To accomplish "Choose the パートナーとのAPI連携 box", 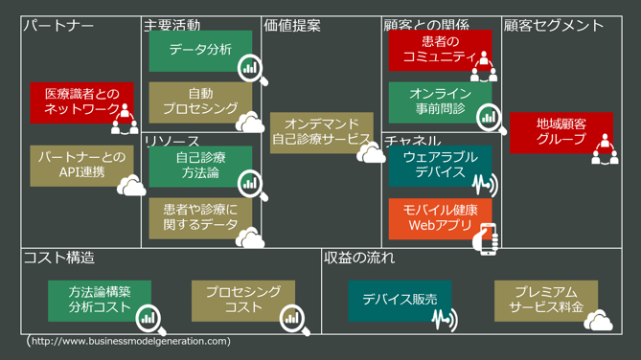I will pyautogui.click(x=81, y=165).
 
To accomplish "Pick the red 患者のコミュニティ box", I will pyautogui.click(x=439, y=50).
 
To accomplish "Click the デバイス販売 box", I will pyautogui.click(x=400, y=300).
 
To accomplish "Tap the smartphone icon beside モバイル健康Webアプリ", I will pyautogui.click(x=489, y=238).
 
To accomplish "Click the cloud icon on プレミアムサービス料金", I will pyautogui.click(x=599, y=321).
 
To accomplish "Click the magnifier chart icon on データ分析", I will pyautogui.click(x=250, y=68).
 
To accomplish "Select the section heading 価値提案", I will pyautogui.click(x=292, y=26).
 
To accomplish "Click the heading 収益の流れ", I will pyautogui.click(x=359, y=258).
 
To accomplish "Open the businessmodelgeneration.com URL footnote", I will pyautogui.click(x=129, y=341).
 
